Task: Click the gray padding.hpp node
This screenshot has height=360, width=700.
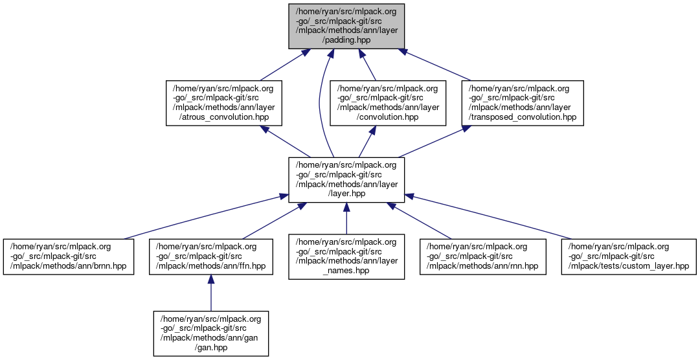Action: coord(346,26)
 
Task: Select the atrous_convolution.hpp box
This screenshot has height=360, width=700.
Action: coord(224,102)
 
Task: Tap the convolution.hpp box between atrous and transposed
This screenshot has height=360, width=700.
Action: coord(388,102)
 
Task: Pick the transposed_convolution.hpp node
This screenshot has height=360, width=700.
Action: coord(522,102)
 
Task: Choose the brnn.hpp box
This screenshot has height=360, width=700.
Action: coord(68,256)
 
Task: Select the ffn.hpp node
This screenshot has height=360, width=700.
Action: coord(210,256)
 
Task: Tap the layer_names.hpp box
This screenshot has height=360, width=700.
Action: coord(346,256)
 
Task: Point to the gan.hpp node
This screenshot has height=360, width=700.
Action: coord(210,333)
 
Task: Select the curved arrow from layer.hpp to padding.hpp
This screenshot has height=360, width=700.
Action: coord(320,104)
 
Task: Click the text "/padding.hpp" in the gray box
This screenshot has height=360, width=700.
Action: coord(346,40)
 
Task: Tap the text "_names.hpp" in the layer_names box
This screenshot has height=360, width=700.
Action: coord(346,270)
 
